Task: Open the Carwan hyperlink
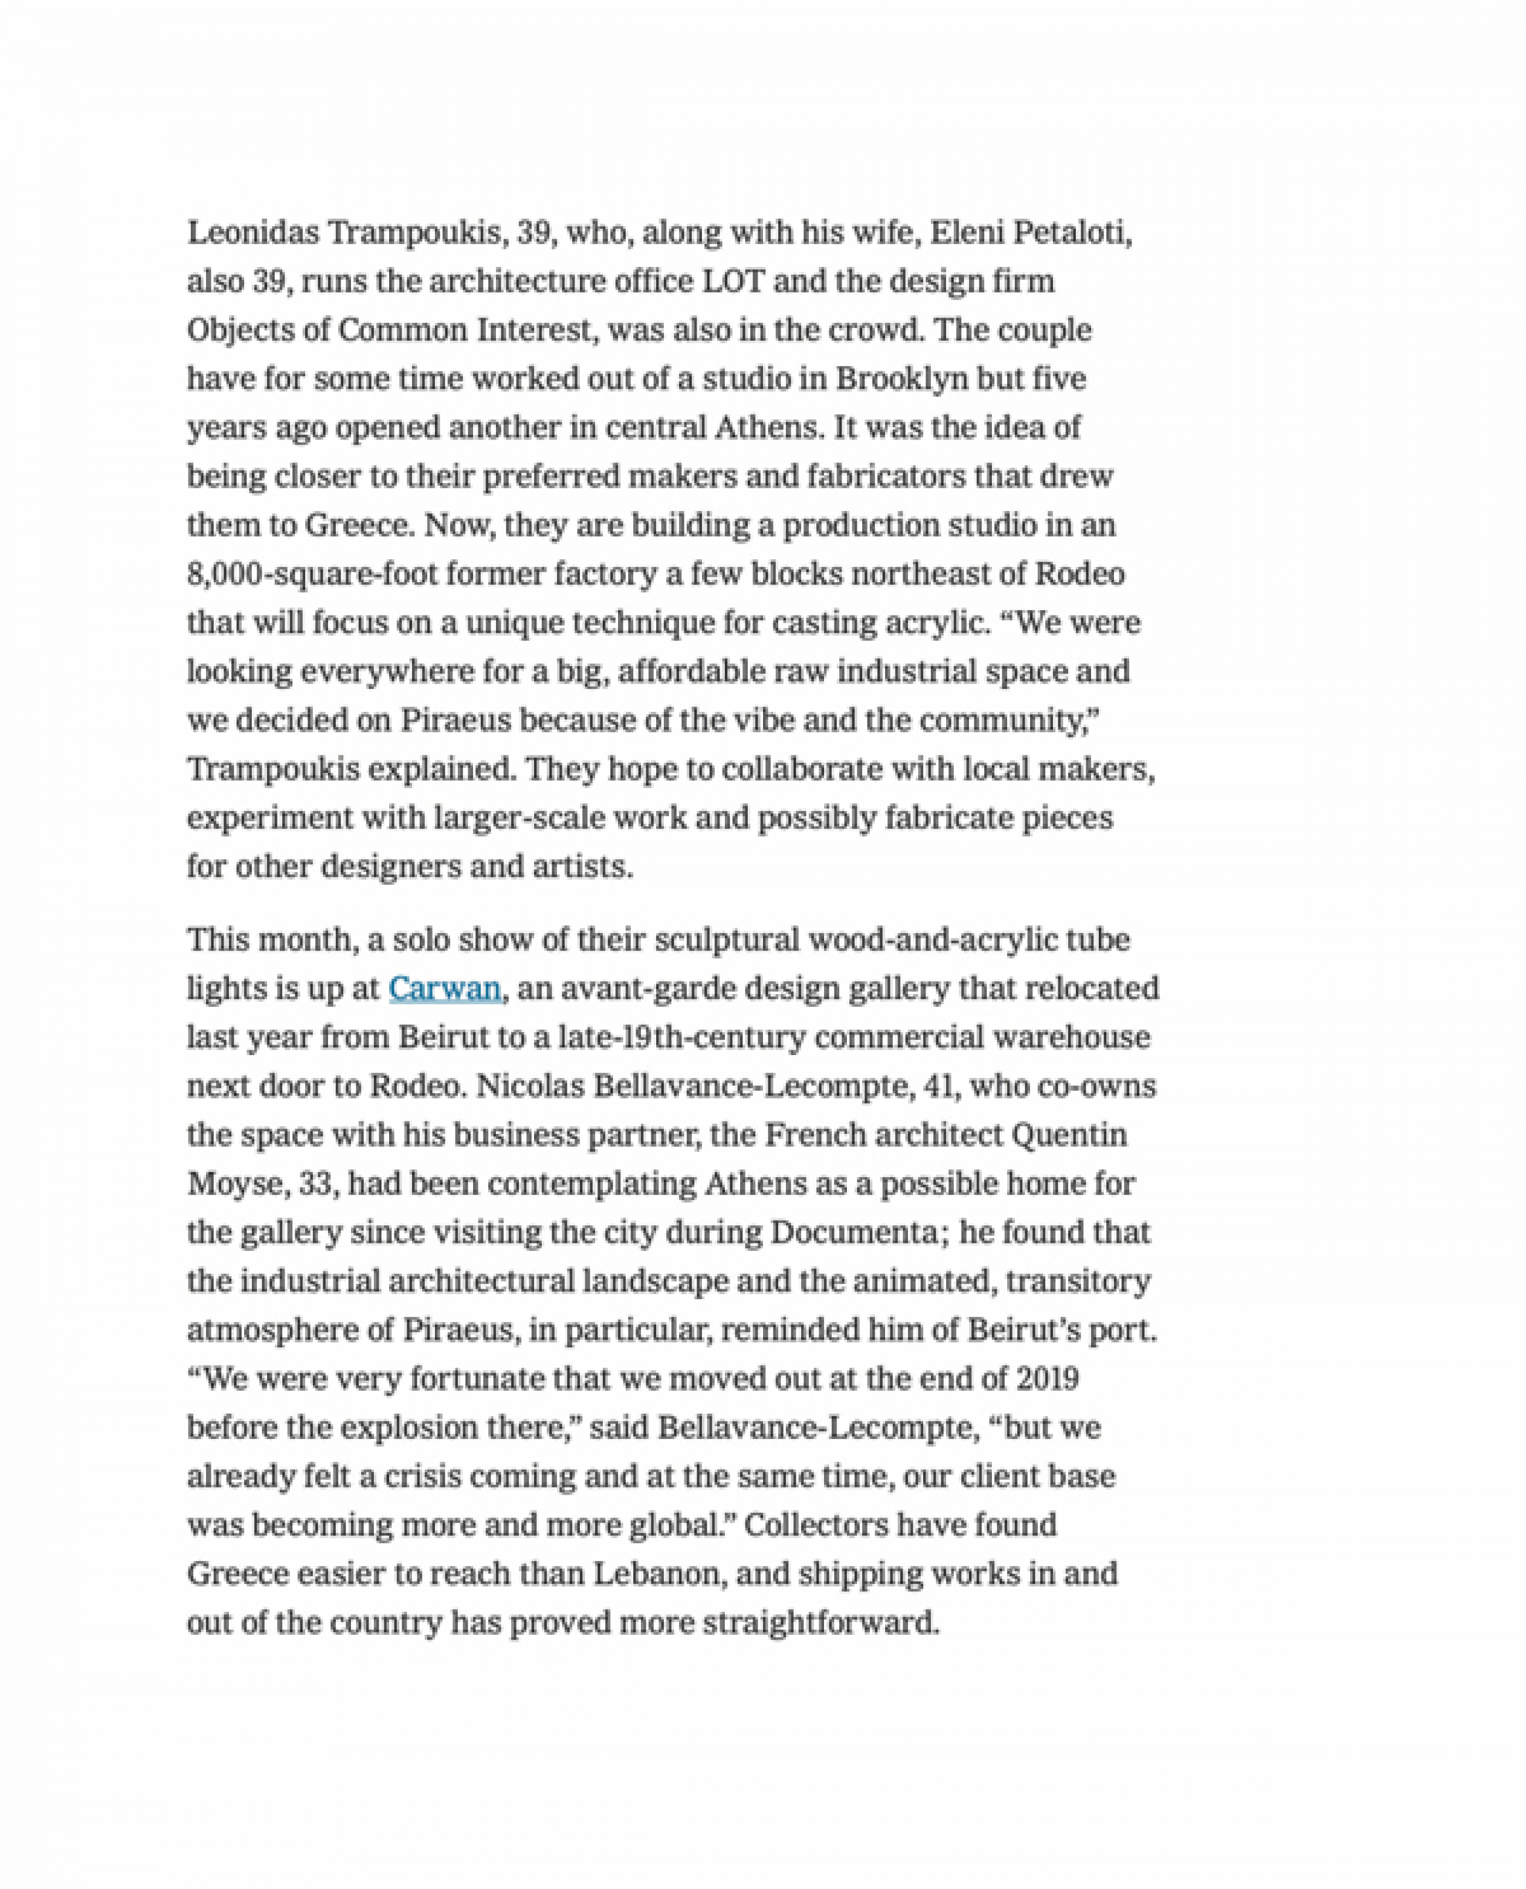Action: point(444,989)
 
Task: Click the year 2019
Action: point(1047,1378)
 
